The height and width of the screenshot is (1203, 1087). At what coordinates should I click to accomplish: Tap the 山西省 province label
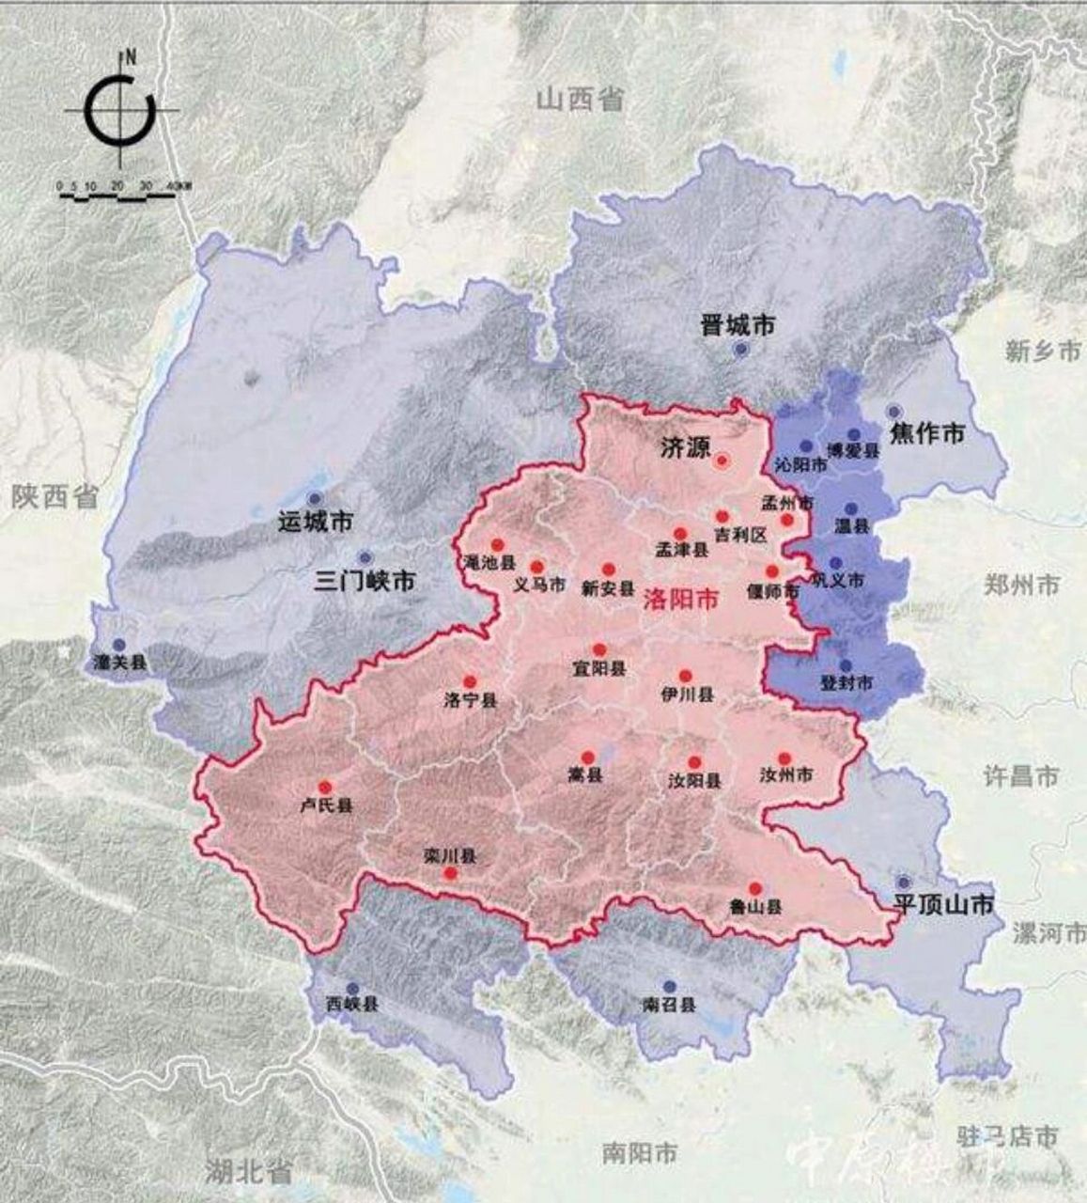(580, 99)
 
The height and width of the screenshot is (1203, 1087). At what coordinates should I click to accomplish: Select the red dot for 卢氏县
(325, 787)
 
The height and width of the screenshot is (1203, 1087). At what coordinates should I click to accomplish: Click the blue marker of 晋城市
(740, 349)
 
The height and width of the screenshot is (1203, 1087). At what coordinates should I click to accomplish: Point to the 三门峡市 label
(365, 581)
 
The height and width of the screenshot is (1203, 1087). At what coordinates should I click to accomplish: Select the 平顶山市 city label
(942, 905)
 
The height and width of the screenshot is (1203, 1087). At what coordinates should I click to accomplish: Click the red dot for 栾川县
(450, 873)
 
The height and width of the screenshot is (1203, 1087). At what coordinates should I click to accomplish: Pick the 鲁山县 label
(755, 909)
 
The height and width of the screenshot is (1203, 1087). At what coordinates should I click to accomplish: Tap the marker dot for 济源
(722, 461)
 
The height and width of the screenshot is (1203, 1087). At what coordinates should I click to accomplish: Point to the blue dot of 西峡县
(352, 988)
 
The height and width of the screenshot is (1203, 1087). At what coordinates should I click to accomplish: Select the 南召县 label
(669, 1004)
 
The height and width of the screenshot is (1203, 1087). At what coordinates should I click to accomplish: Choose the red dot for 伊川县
(685, 675)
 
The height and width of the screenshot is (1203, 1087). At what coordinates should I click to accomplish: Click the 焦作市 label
(926, 433)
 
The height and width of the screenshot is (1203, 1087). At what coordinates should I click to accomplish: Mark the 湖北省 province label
(249, 1171)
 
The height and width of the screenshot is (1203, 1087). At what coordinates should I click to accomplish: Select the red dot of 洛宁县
(470, 681)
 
